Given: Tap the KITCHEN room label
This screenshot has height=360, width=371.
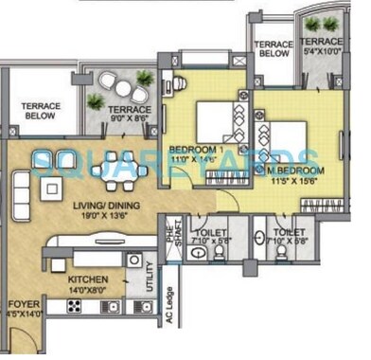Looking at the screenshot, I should pos(87,280).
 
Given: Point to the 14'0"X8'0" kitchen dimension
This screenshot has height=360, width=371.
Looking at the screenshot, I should pos(87,292).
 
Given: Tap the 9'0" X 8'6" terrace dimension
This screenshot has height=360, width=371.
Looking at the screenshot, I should pos(131,118).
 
